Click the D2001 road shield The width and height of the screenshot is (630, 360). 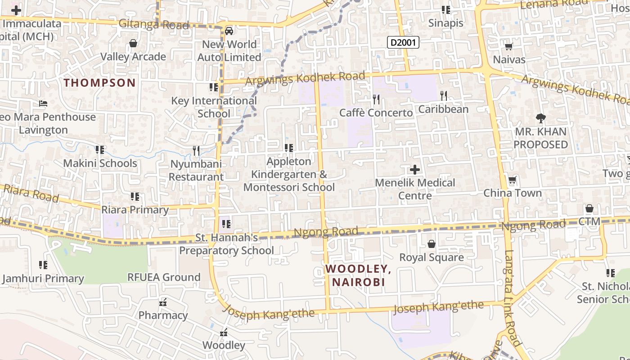coord(403,43)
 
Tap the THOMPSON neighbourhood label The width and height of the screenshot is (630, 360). coord(99,83)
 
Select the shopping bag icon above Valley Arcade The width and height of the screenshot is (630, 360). coord(133,44)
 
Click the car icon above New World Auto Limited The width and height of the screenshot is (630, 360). coord(229,31)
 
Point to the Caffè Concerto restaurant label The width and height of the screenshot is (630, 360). coord(376,112)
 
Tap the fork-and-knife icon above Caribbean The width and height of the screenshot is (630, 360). coord(444,95)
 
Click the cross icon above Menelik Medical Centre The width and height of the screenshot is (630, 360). coord(415,170)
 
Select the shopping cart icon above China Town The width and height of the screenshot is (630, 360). coord(512,180)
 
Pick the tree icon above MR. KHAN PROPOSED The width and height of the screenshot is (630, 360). coord(541,119)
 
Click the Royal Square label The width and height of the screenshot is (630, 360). coord(432,257)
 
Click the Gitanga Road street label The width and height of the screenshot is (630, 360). coord(154,25)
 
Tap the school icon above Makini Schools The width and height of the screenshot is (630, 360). coord(100,149)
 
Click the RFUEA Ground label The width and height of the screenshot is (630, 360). coord(164,277)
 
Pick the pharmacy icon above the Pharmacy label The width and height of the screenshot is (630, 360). coord(163,302)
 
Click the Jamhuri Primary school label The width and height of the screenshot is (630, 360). coord(43,279)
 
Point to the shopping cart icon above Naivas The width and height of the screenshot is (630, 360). coord(509,47)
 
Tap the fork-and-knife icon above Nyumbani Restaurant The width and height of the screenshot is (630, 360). coord(196,151)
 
